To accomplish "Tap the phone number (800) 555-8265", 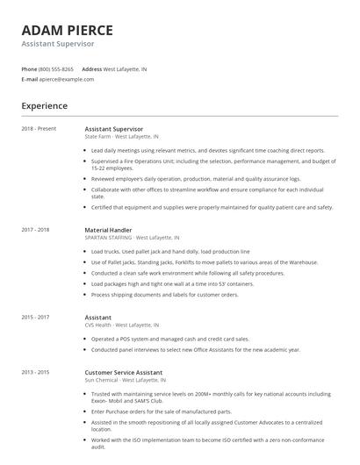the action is [56, 68].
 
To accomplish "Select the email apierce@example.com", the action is [66, 79].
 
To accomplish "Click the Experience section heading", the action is [44, 106].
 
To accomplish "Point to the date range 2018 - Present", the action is [39, 129].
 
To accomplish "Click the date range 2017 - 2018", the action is [36, 230].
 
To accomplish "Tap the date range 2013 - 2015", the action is [36, 372].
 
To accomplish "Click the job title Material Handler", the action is [109, 230].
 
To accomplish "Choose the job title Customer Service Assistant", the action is [124, 372].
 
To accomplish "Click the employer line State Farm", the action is [122, 137].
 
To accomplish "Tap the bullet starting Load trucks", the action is [170, 252].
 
